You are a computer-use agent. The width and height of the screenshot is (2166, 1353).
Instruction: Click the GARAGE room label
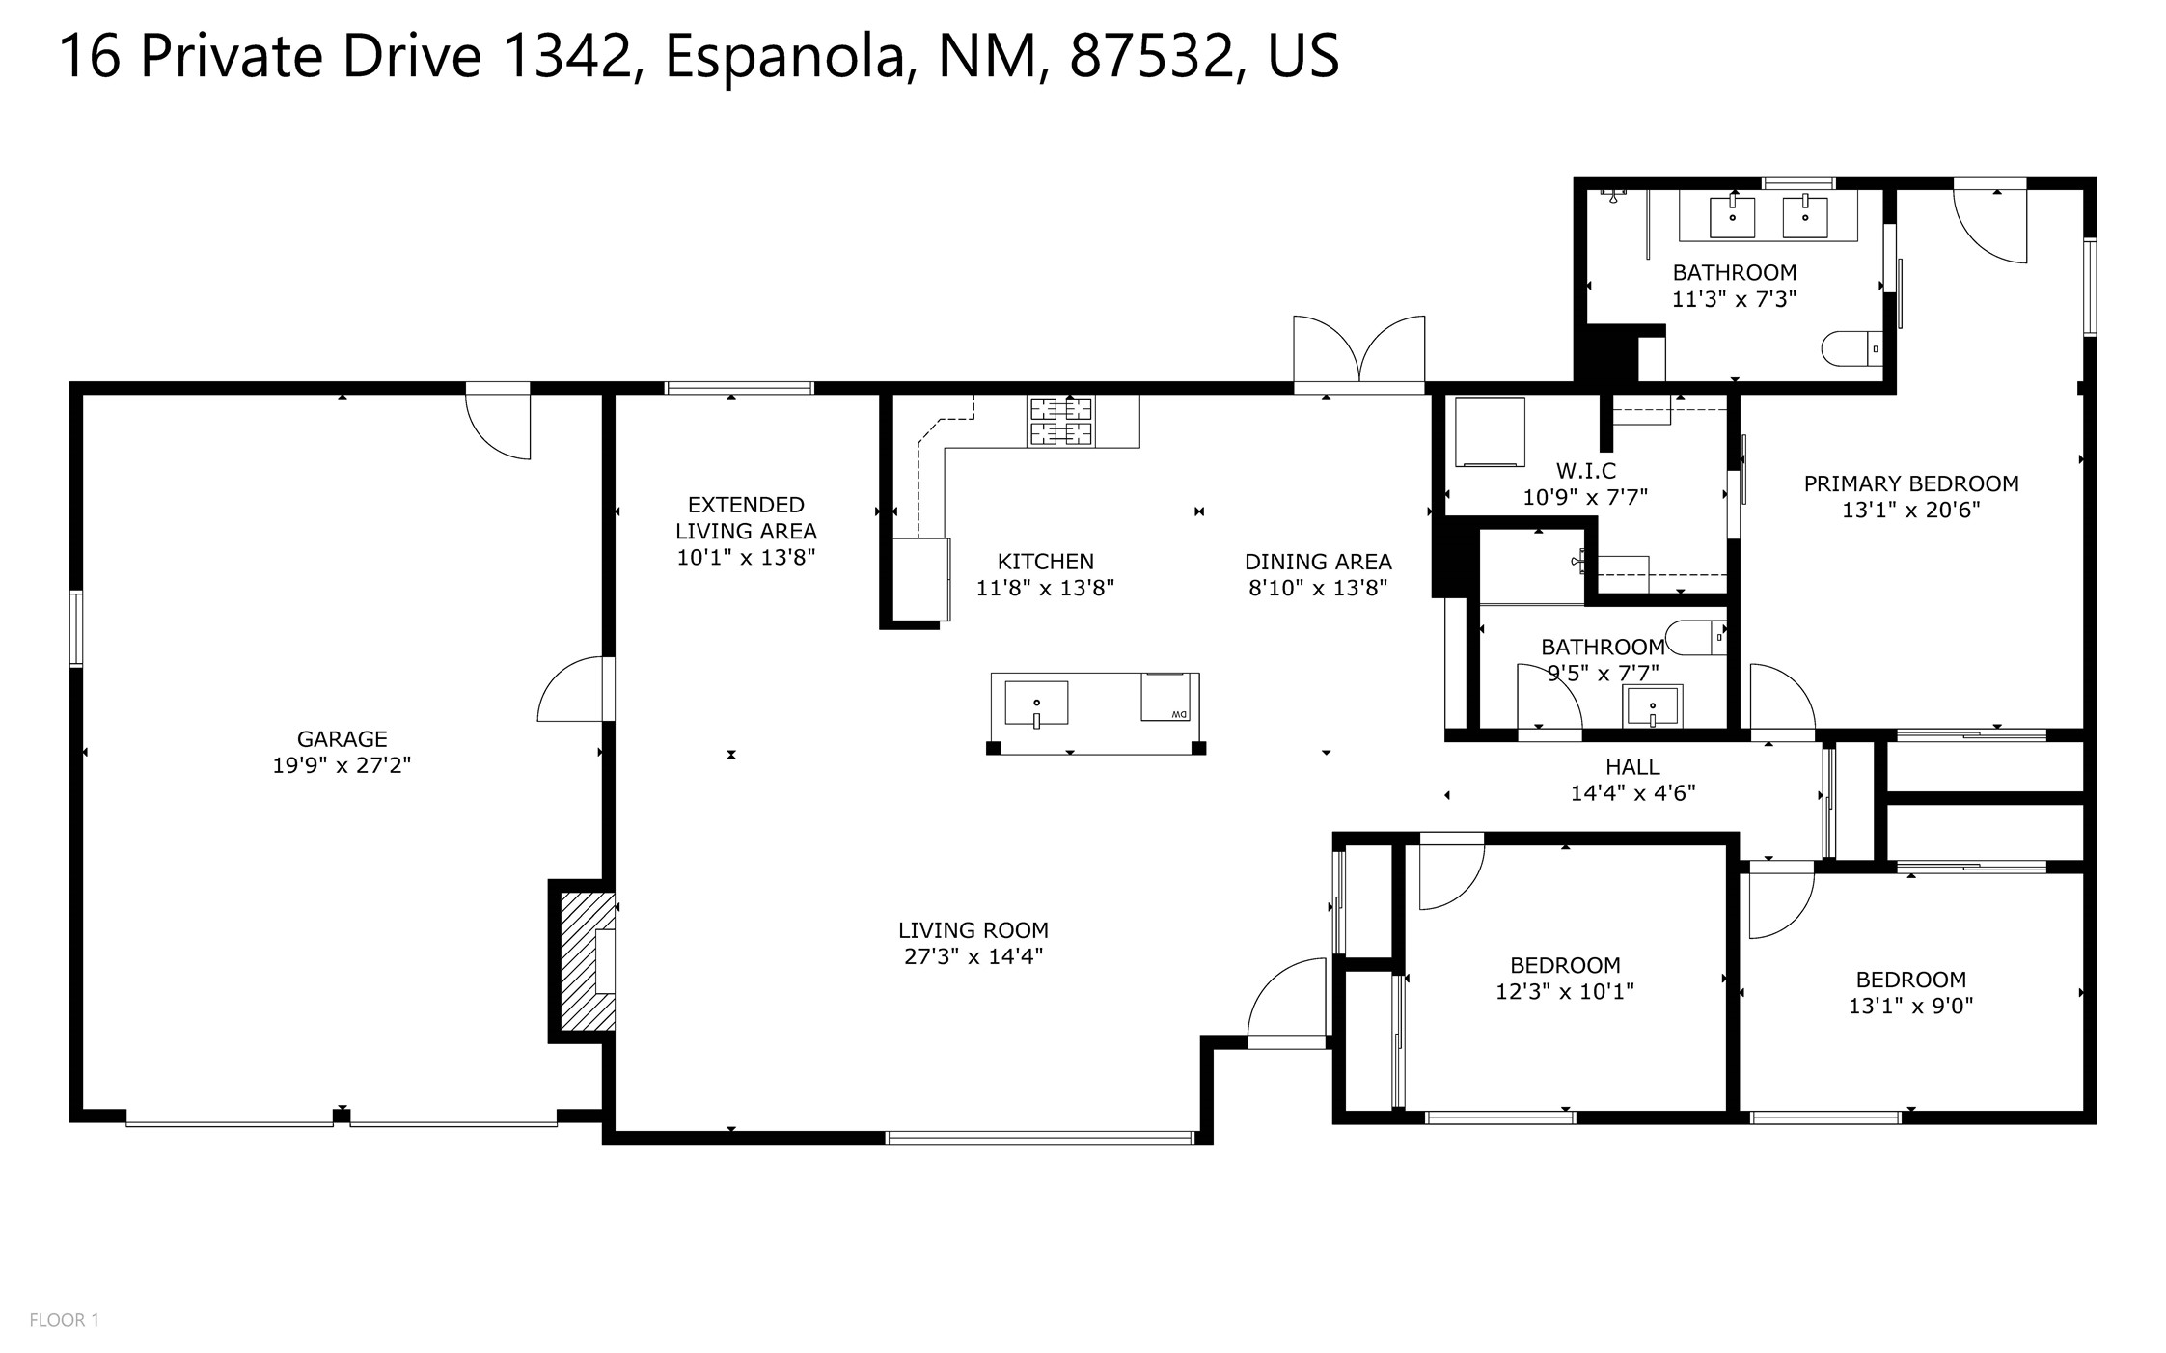[342, 739]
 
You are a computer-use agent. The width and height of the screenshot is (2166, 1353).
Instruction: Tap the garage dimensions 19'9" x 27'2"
[342, 765]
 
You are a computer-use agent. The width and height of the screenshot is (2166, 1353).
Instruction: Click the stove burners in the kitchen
[1061, 422]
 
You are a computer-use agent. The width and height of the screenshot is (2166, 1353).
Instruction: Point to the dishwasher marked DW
[1165, 697]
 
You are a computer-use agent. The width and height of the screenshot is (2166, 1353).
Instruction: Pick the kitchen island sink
[1036, 703]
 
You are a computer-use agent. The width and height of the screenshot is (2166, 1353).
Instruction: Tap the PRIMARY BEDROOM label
[1910, 483]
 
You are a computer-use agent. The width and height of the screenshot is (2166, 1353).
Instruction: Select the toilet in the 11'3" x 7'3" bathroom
[1851, 347]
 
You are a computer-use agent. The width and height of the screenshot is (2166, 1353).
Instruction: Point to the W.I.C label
[1585, 471]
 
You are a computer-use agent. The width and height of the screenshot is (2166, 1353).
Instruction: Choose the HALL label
[1632, 767]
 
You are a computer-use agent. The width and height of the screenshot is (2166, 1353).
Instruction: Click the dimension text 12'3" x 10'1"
[1565, 991]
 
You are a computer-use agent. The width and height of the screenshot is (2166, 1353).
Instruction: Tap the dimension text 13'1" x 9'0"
[1910, 1006]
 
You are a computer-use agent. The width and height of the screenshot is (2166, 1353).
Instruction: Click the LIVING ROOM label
[973, 930]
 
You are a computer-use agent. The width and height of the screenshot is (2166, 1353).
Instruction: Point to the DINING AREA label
[1318, 562]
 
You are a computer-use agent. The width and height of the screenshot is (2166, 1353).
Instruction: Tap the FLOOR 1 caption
[64, 1320]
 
